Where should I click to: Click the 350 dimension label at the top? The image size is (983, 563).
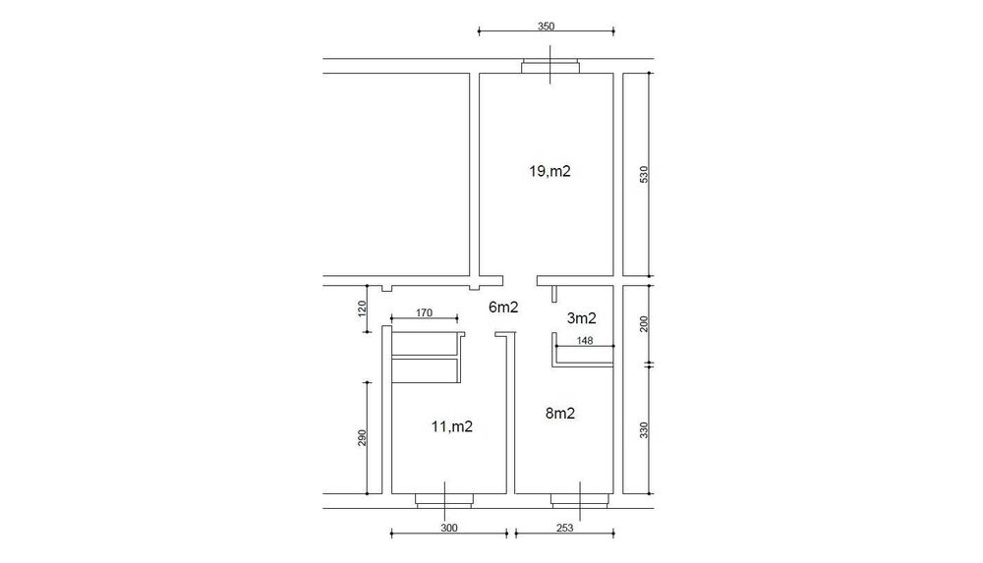click(546, 27)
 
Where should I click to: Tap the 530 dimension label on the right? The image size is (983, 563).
click(644, 174)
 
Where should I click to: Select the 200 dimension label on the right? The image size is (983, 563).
click(644, 323)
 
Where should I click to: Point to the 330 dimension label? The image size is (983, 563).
click(644, 430)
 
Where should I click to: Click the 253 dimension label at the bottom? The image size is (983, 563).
click(565, 528)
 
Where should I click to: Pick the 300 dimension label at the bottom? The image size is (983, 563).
click(449, 528)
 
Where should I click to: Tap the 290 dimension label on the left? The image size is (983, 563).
click(362, 437)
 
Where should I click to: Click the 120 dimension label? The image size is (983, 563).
click(362, 308)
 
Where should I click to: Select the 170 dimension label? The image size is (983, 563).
click(424, 312)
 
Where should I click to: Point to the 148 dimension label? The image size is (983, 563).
click(584, 341)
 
